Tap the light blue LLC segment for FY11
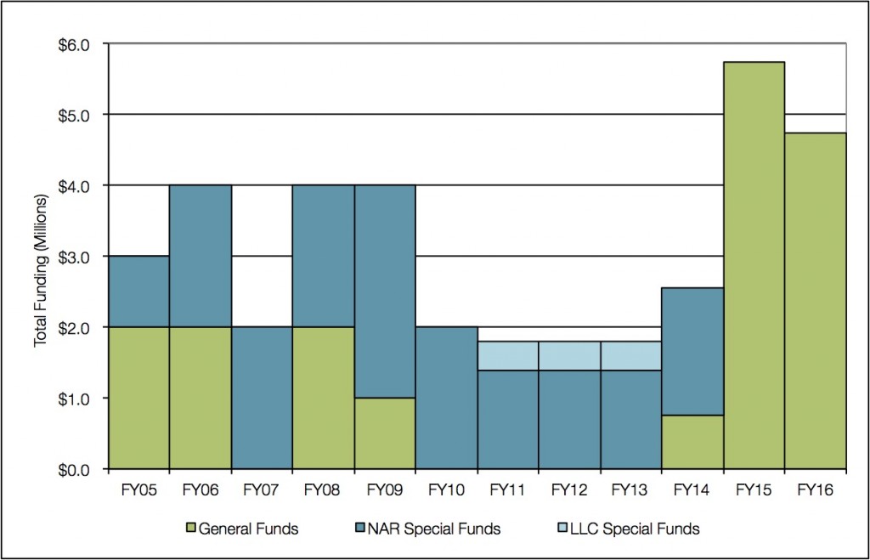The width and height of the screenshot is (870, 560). [508, 355]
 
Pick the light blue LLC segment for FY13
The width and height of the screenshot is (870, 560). [630, 355]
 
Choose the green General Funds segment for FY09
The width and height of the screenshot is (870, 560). [385, 433]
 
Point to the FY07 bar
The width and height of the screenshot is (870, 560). [262, 397]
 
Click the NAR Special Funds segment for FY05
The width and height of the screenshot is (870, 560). [138, 291]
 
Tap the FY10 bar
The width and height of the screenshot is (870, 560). [446, 397]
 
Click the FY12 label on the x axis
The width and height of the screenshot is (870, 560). [569, 490]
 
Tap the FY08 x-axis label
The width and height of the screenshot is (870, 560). [323, 490]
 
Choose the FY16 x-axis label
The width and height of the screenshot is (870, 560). [815, 490]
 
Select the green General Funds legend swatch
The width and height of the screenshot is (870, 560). [191, 529]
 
